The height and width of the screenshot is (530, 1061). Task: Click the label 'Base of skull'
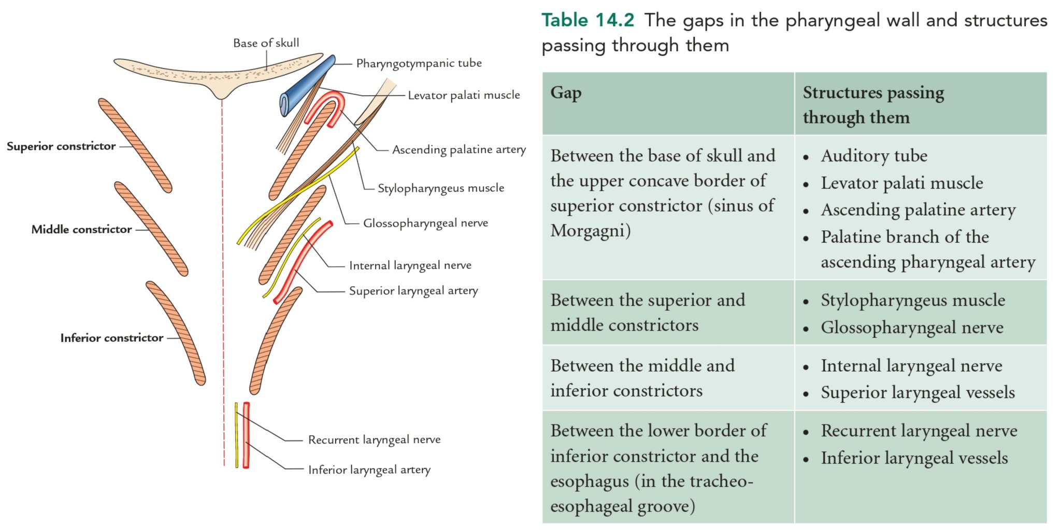(266, 43)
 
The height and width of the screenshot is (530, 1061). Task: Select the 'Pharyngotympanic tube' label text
(419, 63)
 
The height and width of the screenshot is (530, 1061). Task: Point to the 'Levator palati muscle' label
(464, 95)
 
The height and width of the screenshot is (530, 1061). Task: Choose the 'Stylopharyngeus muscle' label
(440, 188)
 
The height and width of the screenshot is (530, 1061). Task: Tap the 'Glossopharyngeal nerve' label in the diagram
(425, 223)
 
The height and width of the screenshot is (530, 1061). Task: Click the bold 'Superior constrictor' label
(61, 146)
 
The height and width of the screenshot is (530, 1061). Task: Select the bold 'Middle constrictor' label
(81, 229)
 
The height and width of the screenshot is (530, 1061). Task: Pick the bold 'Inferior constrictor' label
(111, 338)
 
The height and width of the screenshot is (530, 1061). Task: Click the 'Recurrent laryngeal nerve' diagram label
(374, 440)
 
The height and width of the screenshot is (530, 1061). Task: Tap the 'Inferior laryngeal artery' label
(369, 470)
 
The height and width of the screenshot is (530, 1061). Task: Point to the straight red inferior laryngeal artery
(246, 435)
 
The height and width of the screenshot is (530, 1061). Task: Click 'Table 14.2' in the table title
(587, 20)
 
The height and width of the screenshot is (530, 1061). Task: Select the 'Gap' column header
(566, 93)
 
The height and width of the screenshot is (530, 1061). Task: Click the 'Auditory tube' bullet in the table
(874, 156)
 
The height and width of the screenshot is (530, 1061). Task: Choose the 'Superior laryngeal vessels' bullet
(917, 393)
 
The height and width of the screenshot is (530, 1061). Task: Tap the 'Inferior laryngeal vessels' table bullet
(914, 458)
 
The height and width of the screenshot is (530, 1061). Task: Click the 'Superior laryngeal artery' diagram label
(413, 291)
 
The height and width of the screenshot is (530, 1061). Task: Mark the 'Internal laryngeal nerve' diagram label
(410, 266)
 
